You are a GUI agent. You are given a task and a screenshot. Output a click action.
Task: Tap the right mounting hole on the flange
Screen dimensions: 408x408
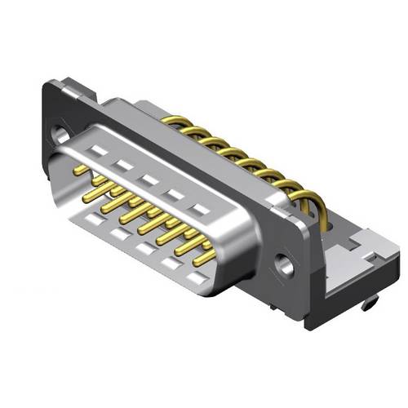pos(285,265)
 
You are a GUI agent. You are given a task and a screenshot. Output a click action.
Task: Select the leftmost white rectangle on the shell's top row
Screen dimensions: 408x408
pos(98,151)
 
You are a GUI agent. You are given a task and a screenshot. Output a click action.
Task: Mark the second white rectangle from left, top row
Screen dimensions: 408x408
pos(123,164)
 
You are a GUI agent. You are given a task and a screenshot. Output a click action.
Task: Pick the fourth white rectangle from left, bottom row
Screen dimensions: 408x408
pos(171,262)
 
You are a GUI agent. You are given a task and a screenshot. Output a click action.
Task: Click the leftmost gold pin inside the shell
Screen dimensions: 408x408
pos(81,170)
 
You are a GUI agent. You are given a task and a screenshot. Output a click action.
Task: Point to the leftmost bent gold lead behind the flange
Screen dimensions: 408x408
pos(172,123)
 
